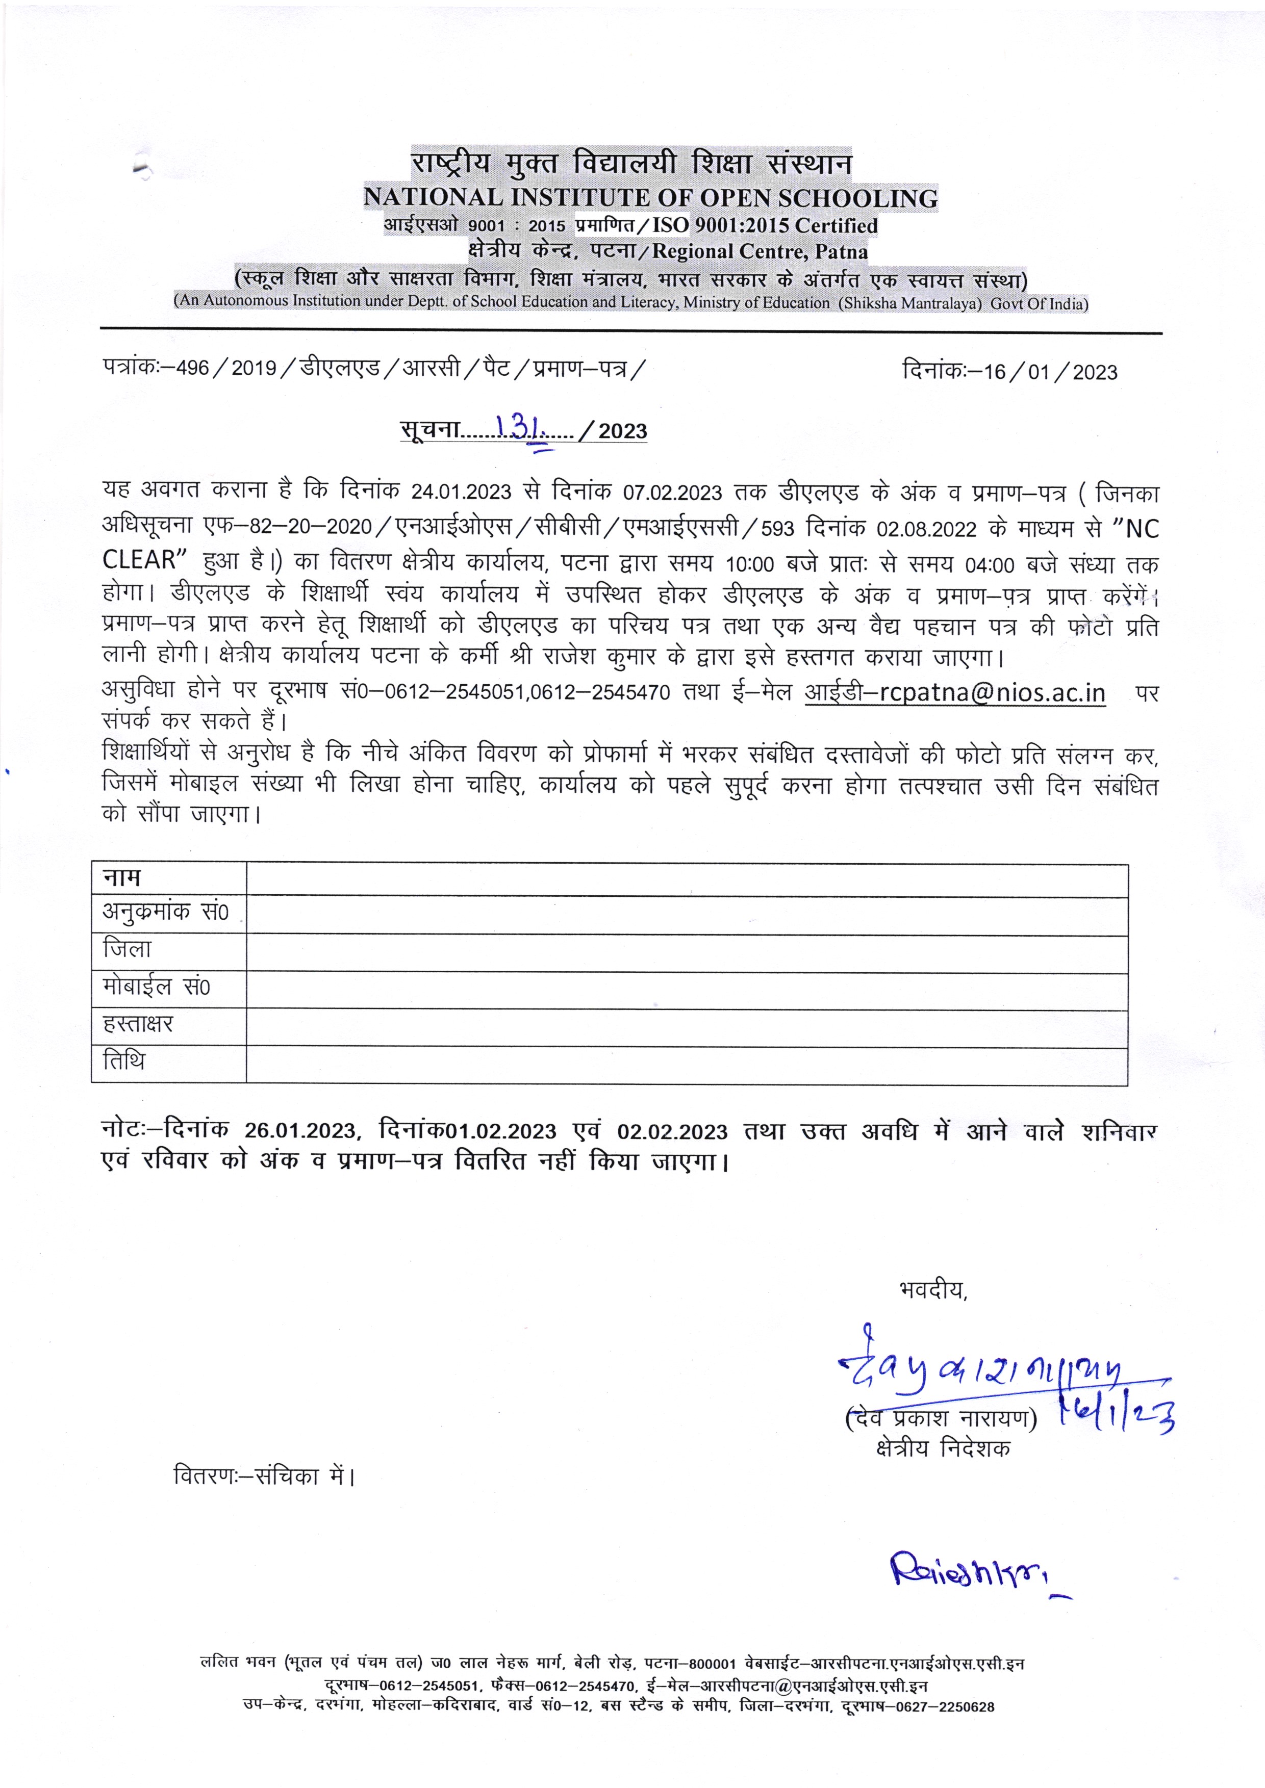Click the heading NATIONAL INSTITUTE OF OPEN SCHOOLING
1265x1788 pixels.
click(x=650, y=198)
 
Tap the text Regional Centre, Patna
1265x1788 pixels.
click(x=760, y=251)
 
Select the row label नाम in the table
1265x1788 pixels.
click(x=122, y=878)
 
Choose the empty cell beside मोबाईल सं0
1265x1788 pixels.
click(x=686, y=991)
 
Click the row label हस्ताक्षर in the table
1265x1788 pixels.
click(x=138, y=1024)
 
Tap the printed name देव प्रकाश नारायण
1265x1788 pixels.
click(x=941, y=1419)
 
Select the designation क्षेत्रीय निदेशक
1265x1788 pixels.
click(x=943, y=1448)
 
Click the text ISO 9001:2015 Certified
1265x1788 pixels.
click(x=765, y=226)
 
